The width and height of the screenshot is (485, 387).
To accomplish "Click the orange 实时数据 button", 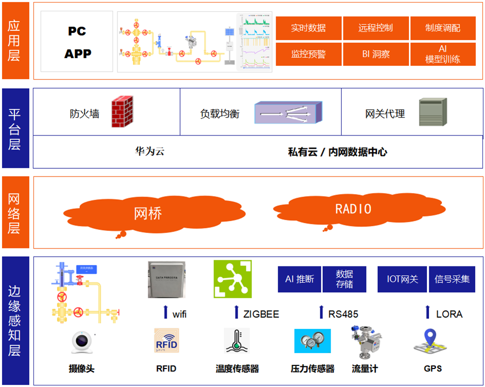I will point(308,28).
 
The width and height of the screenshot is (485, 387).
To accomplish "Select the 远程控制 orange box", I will point(376,28).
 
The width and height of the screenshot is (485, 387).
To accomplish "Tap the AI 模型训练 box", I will point(443,54).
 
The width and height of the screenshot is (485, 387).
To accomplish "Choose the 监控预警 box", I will point(308,54).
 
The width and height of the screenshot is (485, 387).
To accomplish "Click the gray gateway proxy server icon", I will point(433,112).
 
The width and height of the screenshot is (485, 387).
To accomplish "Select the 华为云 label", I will point(149,151).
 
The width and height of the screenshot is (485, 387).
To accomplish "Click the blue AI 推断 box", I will point(299,279).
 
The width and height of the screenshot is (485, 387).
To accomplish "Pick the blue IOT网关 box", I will point(402,279).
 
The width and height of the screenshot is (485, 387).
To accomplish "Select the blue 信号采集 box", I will point(452,279).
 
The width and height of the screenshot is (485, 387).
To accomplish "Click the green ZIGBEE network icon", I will point(232,279).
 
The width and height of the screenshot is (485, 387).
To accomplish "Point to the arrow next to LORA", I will point(428,312).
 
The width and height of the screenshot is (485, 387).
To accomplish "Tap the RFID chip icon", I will point(166,341).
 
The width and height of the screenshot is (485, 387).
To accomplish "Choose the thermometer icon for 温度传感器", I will point(237,341).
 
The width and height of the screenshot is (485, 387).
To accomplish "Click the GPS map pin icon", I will point(433,342).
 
